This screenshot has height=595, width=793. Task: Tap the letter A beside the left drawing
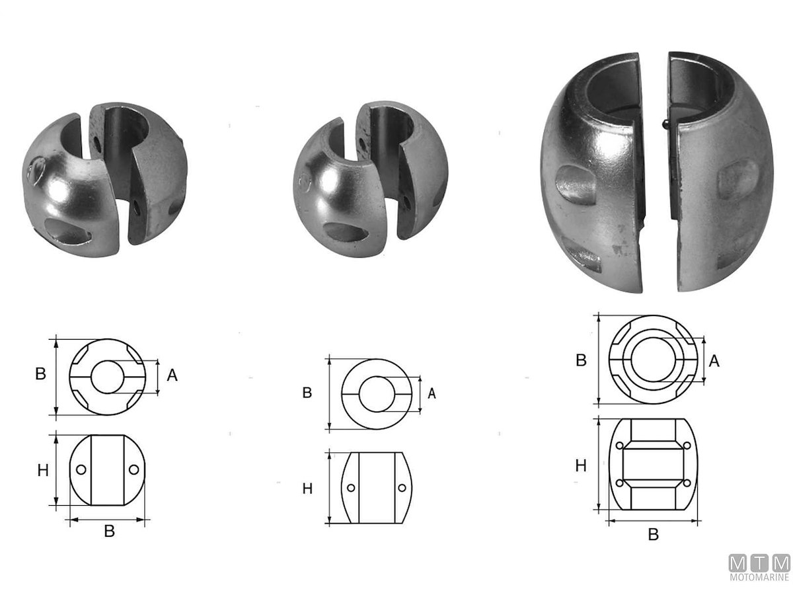[x=172, y=375]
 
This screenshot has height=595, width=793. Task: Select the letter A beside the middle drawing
[x=432, y=393]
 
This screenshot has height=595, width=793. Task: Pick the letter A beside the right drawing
[x=714, y=361]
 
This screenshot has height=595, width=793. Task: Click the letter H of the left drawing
[x=43, y=470]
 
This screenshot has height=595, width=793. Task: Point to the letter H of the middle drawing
[x=307, y=489]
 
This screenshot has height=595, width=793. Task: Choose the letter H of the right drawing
[x=581, y=465]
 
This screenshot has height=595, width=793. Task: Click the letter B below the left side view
[x=110, y=531]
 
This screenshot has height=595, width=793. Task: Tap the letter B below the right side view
[x=653, y=534]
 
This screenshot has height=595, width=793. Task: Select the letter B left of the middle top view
[x=307, y=393]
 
